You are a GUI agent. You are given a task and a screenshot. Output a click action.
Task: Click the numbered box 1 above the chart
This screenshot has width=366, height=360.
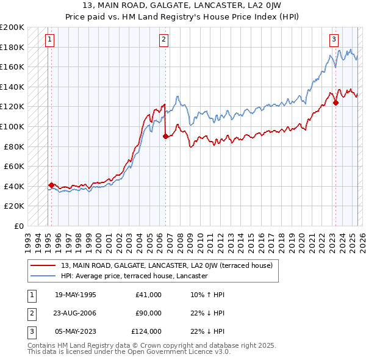(x=49, y=40)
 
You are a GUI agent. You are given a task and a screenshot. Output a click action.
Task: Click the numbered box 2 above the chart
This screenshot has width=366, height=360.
(x=164, y=40)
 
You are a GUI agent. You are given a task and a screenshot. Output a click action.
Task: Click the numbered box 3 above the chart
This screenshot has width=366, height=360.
(x=334, y=40)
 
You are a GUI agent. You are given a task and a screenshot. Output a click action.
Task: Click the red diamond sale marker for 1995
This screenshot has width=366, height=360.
(x=51, y=185)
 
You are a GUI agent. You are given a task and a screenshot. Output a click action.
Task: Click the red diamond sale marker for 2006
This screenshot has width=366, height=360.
(x=165, y=137)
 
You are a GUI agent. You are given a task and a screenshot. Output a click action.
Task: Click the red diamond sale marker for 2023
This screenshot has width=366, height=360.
(x=335, y=103)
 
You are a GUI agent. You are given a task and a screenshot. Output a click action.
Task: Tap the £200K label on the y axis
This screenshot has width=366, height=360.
(x=12, y=27)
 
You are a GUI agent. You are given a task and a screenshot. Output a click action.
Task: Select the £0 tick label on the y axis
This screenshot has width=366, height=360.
(x=18, y=226)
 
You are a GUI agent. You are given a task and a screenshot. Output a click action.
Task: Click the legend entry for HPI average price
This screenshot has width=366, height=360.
(x=135, y=276)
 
